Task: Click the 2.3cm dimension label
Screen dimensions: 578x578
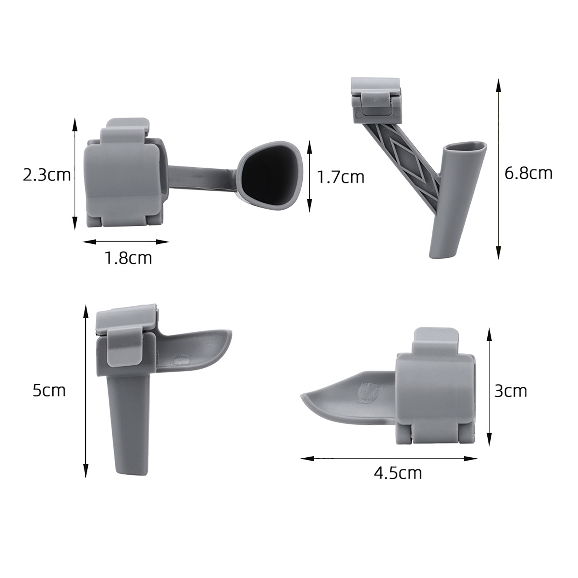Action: [47, 175]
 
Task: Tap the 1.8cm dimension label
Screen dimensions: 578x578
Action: [128, 258]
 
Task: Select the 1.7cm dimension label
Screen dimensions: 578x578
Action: [340, 177]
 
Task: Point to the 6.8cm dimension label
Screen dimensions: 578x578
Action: [529, 173]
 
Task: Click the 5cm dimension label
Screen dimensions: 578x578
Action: [49, 391]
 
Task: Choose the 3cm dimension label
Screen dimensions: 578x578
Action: [511, 391]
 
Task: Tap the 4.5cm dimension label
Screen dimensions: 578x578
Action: [398, 473]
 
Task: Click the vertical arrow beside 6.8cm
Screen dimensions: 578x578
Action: [499, 169]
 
